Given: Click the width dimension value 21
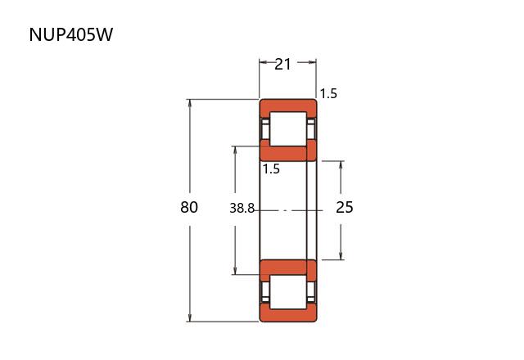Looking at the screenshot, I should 283,63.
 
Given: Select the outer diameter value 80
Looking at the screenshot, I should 189,207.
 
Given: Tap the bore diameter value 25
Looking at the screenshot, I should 345,207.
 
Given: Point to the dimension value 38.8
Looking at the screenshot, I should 243,208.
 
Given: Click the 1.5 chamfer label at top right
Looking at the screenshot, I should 328,93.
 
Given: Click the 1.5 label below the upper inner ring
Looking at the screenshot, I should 271,169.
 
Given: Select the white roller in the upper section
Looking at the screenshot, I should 288,128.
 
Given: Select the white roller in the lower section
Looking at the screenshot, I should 288,293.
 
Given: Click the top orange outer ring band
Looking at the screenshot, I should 288,106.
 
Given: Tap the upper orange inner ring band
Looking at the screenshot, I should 283,152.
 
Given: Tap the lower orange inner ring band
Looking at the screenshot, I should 283,268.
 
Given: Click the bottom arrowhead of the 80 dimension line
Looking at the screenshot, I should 190,318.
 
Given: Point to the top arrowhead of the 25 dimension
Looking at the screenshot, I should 341,164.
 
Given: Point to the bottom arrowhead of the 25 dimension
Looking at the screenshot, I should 341,256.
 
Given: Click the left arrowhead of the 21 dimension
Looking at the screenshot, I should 263,62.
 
